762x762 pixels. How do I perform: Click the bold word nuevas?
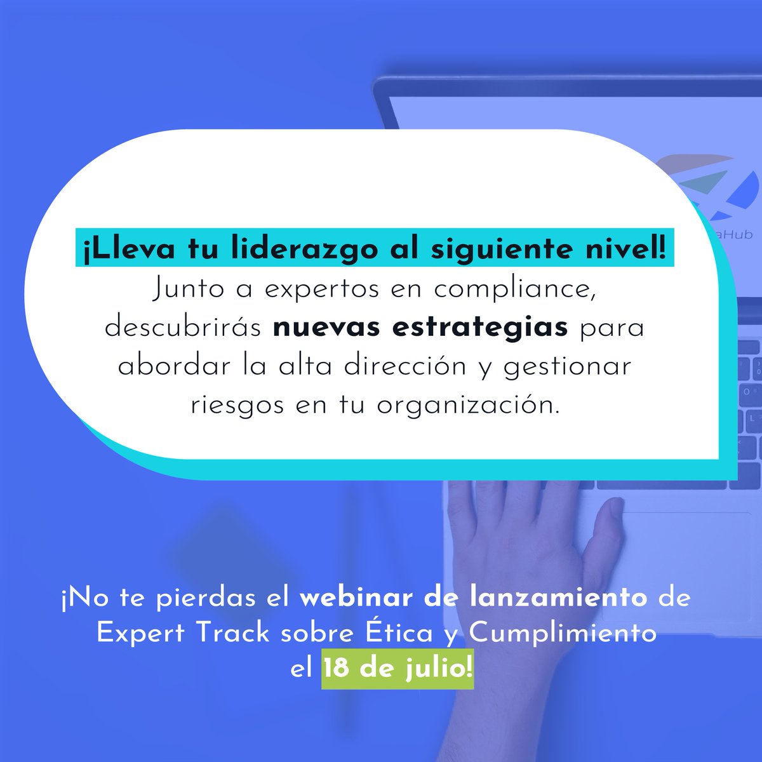(326, 328)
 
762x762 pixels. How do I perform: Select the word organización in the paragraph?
(468, 405)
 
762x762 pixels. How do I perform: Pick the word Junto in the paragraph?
(188, 290)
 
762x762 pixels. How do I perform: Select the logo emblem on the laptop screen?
(705, 187)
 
